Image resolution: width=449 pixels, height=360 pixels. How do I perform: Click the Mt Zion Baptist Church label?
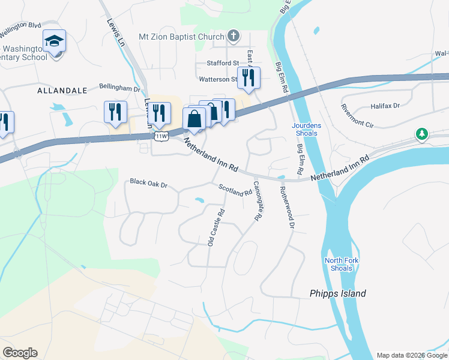[x=181, y=37]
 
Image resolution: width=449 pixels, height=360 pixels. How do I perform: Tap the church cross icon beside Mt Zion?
[x=234, y=37]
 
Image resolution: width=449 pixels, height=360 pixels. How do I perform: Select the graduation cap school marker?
[x=54, y=41]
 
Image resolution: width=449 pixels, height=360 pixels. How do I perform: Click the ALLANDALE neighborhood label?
[x=62, y=91]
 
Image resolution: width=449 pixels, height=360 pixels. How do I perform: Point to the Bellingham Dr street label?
[x=119, y=88]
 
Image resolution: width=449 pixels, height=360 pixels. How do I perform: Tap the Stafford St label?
[x=223, y=63]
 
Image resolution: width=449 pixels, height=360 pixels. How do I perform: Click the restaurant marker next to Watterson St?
[x=248, y=78]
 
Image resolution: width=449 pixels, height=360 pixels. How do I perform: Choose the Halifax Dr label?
[x=385, y=106]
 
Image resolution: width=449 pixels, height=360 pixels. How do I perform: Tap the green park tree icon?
[x=423, y=134]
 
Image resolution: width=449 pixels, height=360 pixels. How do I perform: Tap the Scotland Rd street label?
[x=235, y=190]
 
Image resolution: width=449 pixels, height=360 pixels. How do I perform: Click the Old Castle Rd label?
[x=215, y=227]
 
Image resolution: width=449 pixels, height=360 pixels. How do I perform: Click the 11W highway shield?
[x=160, y=137]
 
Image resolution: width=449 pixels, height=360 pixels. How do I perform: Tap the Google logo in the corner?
[x=20, y=353]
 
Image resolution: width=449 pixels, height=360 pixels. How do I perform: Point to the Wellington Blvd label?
[x=20, y=26]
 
